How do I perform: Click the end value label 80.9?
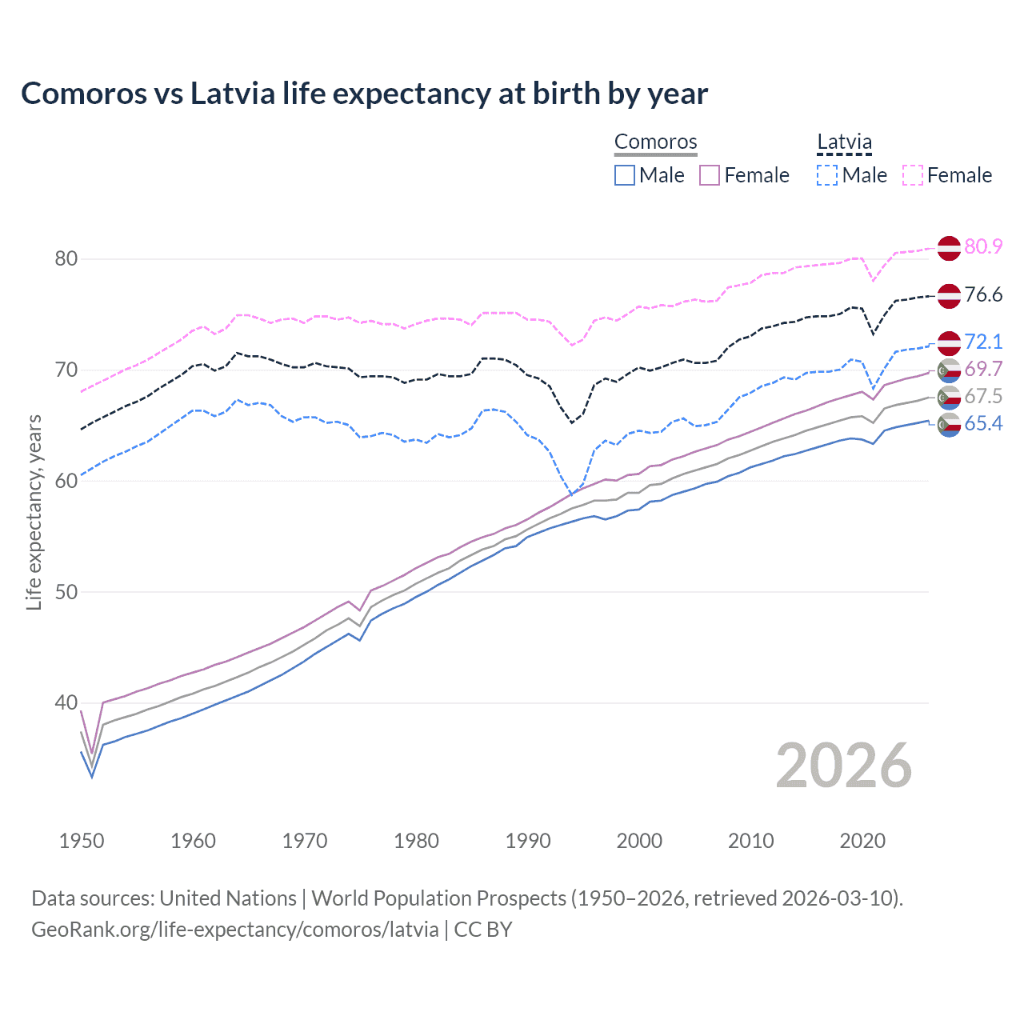click(x=983, y=247)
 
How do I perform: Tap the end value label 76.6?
click(x=983, y=295)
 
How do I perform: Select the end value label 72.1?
click(x=983, y=342)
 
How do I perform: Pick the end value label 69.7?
click(x=983, y=370)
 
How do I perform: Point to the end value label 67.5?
click(x=983, y=397)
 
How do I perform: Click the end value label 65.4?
click(x=983, y=424)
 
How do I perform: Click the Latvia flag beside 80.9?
click(x=949, y=248)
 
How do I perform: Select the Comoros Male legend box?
click(x=625, y=175)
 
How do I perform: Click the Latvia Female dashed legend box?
click(x=913, y=175)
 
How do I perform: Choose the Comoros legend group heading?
click(x=655, y=142)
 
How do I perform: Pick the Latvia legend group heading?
click(x=844, y=142)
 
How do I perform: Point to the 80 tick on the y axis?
click(x=66, y=259)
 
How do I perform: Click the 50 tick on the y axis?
click(x=66, y=592)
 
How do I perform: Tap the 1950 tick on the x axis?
click(x=82, y=841)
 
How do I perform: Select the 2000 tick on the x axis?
click(x=639, y=841)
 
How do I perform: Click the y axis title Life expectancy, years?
click(x=34, y=512)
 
